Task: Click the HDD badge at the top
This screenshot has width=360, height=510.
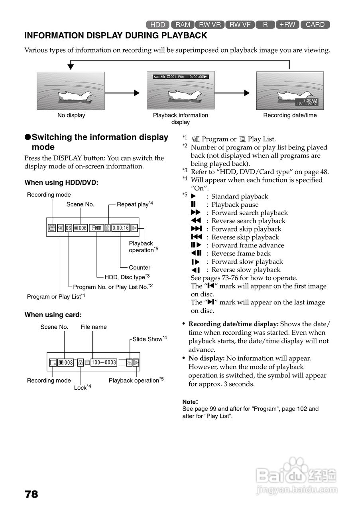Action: [x=158, y=25]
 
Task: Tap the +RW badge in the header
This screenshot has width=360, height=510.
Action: [x=287, y=25]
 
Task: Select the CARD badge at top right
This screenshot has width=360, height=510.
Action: [x=315, y=25]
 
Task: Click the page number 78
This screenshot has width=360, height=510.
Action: [x=31, y=494]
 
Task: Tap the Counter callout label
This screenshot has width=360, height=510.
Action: [x=140, y=268]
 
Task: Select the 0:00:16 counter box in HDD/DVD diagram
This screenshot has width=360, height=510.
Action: [x=120, y=228]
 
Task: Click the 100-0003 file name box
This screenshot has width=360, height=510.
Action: [x=104, y=363]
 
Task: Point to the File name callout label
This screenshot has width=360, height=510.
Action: [x=94, y=327]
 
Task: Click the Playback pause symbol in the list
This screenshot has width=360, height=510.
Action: [x=193, y=205]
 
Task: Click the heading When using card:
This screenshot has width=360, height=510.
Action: [x=53, y=315]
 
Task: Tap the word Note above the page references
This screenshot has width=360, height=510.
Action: [x=190, y=402]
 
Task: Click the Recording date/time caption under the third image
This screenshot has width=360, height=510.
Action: [x=290, y=116]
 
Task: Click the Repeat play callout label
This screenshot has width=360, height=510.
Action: [x=135, y=204]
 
